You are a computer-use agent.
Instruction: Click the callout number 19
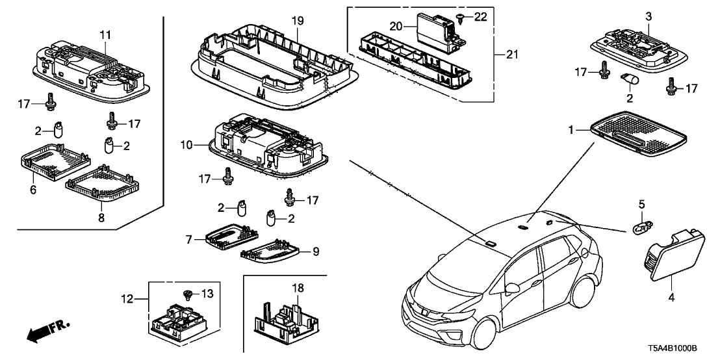tap(297, 21)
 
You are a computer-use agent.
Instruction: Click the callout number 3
tap(647, 16)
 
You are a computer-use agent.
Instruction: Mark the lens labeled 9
tap(270, 251)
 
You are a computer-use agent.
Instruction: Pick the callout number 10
tap(187, 145)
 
